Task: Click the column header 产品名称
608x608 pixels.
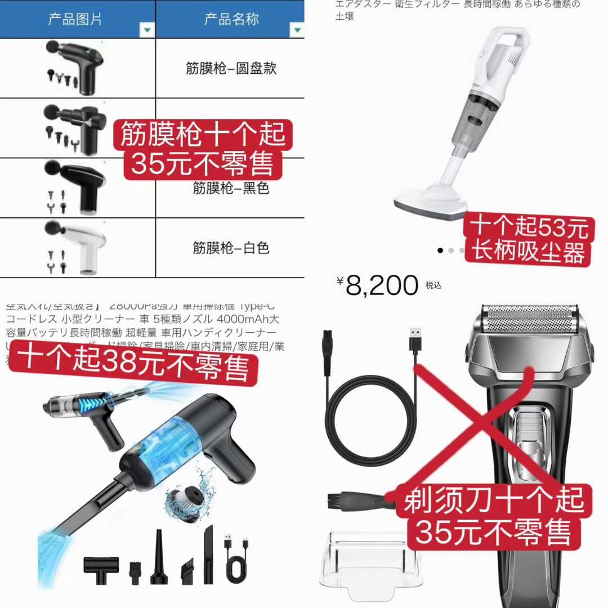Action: click(x=231, y=19)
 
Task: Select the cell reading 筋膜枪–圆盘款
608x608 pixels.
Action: click(x=231, y=69)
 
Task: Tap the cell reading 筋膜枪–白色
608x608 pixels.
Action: click(x=231, y=248)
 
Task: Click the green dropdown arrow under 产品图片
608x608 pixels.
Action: click(x=147, y=30)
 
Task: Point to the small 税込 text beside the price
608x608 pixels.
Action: click(x=433, y=286)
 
